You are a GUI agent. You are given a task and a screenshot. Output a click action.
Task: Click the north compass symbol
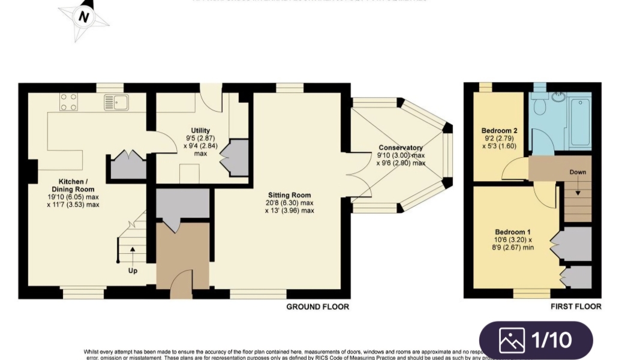click(x=84, y=17)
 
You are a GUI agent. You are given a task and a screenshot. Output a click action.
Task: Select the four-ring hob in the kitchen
click(x=68, y=102)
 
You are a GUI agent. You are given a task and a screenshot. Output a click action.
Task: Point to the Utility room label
click(x=200, y=130)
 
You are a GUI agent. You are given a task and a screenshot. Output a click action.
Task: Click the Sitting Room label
click(x=289, y=195)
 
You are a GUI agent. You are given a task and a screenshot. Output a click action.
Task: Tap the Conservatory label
click(x=401, y=148)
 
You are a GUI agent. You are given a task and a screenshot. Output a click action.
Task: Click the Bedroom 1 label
click(x=513, y=232)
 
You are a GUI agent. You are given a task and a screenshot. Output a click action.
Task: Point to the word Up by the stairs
click(x=133, y=271)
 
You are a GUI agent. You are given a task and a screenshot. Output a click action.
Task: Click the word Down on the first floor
click(x=578, y=172)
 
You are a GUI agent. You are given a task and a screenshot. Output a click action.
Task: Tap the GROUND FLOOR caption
click(x=317, y=307)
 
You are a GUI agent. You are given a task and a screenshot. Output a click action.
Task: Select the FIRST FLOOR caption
click(x=576, y=307)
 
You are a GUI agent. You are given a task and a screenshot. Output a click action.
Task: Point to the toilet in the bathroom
click(x=540, y=106)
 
